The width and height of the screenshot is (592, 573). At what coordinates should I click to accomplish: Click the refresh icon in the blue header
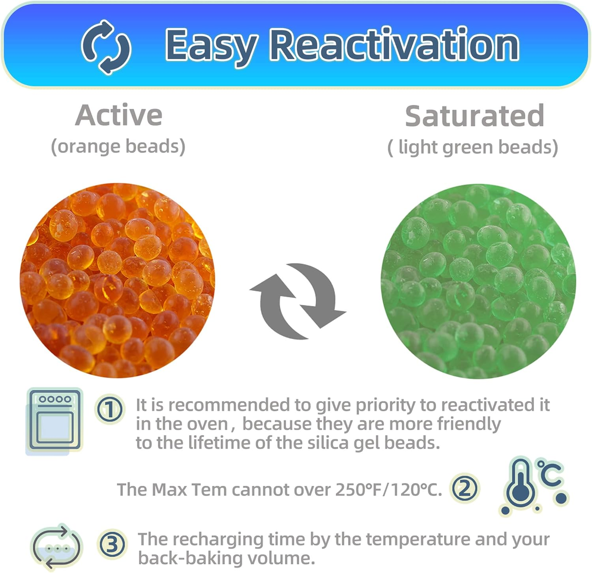coord(106,47)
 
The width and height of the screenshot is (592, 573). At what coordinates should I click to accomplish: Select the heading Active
coord(119,115)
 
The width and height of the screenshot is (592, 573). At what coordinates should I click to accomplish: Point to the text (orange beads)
coord(118,146)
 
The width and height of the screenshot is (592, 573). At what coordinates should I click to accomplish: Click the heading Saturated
coord(474,116)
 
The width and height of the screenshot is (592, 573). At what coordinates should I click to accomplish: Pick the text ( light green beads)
coord(472,147)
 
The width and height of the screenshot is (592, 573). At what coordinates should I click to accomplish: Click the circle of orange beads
coord(118,280)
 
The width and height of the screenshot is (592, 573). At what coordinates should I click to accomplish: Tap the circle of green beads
coord(478,281)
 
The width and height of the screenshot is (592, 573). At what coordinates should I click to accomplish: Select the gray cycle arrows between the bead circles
coord(298,301)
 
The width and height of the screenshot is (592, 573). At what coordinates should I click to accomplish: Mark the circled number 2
coord(465,489)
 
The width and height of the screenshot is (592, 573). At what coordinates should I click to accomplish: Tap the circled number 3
coord(112,545)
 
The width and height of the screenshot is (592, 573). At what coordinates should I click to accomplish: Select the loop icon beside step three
coord(56,547)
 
